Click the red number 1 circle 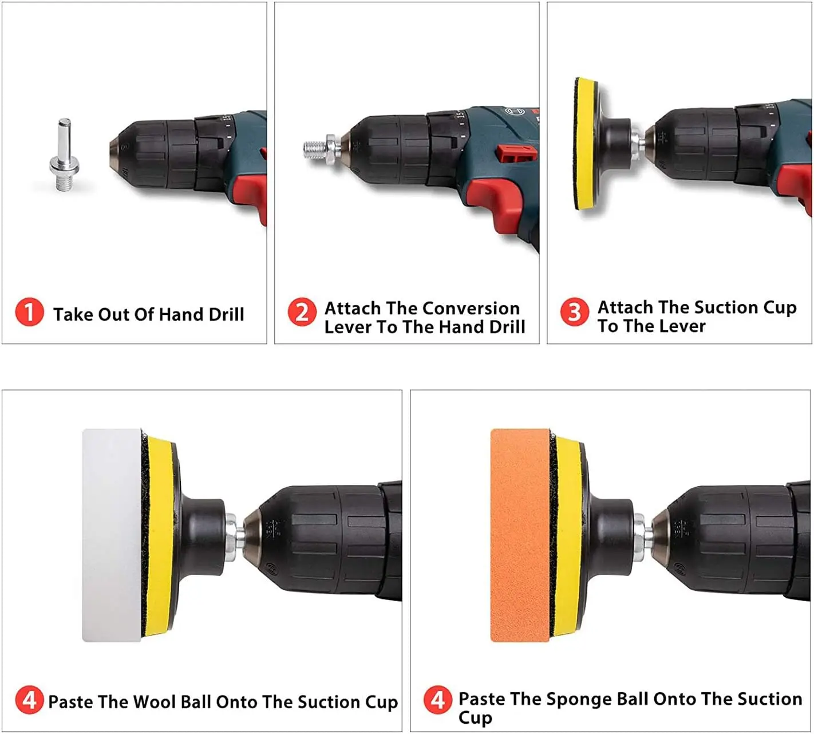29,312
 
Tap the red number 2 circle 302,312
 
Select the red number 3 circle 574,312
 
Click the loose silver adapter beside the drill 64,155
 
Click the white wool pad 112,535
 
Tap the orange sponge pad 520,535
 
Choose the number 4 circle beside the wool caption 29,700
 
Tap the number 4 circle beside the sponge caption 437,700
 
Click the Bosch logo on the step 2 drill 510,112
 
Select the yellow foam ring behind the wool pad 159,535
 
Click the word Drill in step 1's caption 226,314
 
